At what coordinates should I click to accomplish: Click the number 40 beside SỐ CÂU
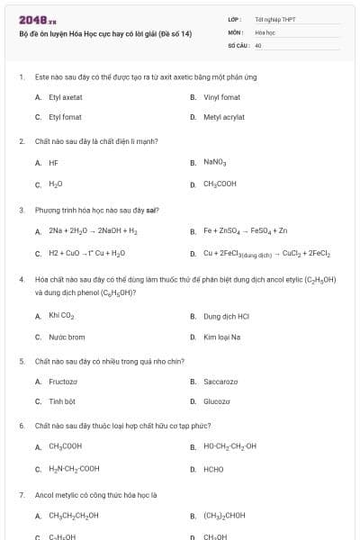coord(257,43)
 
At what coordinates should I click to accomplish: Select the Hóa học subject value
coord(265,31)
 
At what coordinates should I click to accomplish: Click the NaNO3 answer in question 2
coord(214,163)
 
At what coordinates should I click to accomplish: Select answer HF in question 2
coord(53,163)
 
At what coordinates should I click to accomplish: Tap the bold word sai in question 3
coord(153,210)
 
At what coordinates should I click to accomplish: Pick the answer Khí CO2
coord(60,316)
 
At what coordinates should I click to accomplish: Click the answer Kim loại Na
coord(222,337)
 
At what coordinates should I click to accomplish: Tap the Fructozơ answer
coord(63,381)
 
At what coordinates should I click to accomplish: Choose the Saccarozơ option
coord(220,381)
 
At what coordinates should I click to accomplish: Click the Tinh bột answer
coord(62,401)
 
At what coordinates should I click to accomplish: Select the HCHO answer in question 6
coord(213,469)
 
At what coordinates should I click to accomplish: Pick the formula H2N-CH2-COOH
coord(74,469)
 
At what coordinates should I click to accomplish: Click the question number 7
coord(21,494)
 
